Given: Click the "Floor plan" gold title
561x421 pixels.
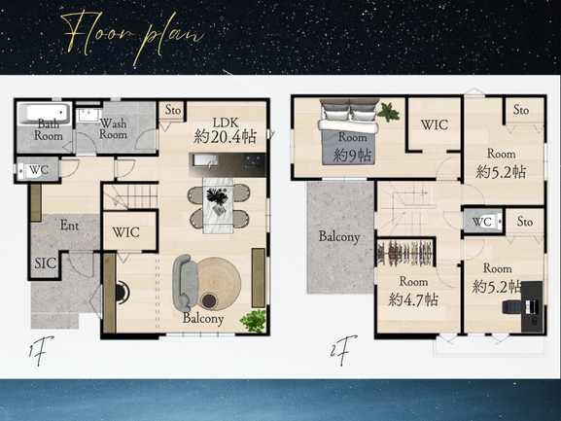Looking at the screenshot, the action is coord(132,36).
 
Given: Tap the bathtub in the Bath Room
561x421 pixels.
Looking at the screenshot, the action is coord(45,113).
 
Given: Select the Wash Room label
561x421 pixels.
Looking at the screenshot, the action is coord(113,128).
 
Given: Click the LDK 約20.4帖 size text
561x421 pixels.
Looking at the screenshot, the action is coord(226,136).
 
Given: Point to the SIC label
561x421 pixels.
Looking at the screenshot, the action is coord(46,263).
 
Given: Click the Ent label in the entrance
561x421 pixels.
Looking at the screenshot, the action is coord(69,225).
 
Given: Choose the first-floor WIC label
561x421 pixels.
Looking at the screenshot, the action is coord(126,232).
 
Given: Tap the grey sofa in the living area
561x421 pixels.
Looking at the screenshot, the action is coord(185,283).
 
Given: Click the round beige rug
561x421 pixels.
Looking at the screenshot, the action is coord(220,284).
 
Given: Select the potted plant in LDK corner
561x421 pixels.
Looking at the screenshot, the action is coord(254,321).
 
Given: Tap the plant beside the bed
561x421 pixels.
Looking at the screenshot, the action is coord(388,112).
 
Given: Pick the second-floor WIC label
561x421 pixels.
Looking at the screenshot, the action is coord(435,124).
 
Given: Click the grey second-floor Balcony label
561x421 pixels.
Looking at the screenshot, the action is coord(339,237).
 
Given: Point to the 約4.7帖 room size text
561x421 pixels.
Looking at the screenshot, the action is coord(413,299).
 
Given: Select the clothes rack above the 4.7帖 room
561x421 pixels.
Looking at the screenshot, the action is coord(405,253).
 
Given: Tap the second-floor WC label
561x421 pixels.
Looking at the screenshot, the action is coord(481,222).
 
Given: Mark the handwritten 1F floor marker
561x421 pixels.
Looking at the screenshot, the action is coord(40,350).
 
